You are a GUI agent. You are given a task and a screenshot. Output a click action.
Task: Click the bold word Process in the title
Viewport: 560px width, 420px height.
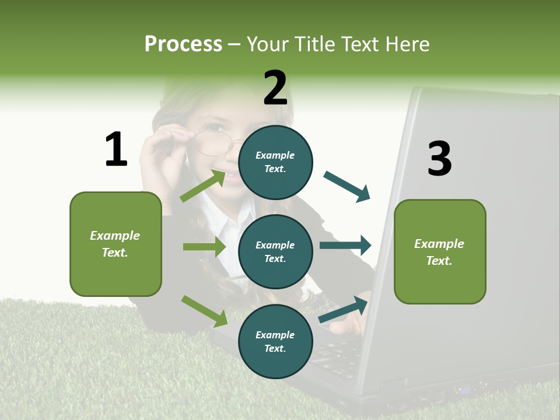(x=183, y=44)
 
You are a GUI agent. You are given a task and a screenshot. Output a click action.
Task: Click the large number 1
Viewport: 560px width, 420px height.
(x=116, y=150)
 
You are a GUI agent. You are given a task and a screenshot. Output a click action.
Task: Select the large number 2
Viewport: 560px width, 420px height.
(x=275, y=88)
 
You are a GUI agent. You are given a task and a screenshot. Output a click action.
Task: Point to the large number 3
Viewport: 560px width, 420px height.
(x=439, y=159)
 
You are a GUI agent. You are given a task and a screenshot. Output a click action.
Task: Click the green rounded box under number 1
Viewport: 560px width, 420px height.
(x=116, y=244)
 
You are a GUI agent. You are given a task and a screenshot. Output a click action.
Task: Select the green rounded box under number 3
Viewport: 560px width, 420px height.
(x=440, y=251)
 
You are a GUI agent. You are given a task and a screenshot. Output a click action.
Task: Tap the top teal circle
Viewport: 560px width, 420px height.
(x=275, y=162)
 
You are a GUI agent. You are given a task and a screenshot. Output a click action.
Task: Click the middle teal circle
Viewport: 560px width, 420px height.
(x=275, y=251)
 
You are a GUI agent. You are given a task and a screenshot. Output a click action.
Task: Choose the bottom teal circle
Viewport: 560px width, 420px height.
(x=275, y=341)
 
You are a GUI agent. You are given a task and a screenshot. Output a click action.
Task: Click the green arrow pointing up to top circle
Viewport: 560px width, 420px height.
(x=203, y=185)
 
